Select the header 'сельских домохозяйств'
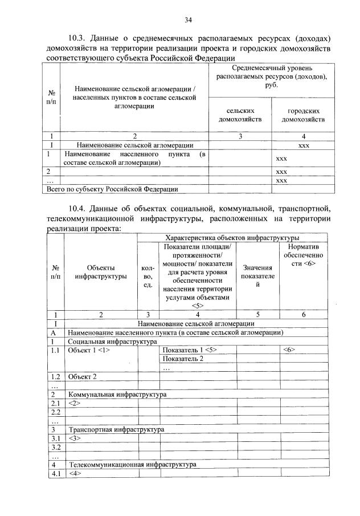tap(239, 115)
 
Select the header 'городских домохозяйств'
tap(303, 115)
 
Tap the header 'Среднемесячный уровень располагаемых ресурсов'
tap(271, 76)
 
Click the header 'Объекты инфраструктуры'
tap(100, 273)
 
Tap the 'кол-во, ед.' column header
tap(148, 276)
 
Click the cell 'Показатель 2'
tap(183, 359)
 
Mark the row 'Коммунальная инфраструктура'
tap(117, 395)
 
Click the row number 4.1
tap(56, 473)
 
